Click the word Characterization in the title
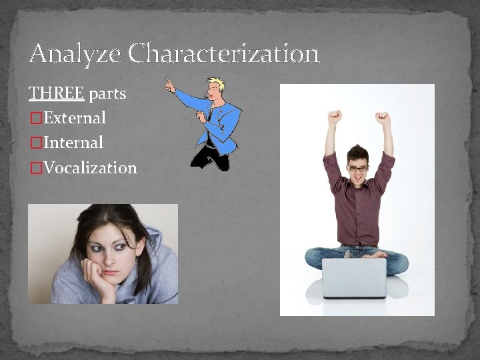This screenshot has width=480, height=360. pyautogui.click(x=224, y=53)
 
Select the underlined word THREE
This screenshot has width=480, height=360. pyautogui.click(x=56, y=93)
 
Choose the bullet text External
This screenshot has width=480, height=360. pyautogui.click(x=73, y=118)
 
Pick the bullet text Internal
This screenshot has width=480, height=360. pyautogui.click(x=71, y=143)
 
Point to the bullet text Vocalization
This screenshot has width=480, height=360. pyautogui.click(x=89, y=167)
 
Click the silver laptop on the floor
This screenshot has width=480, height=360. pyautogui.click(x=354, y=277)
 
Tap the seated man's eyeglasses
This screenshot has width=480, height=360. pyautogui.click(x=358, y=167)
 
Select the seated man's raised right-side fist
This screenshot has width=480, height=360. pyautogui.click(x=383, y=119)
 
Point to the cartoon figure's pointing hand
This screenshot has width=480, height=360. pyautogui.click(x=171, y=85)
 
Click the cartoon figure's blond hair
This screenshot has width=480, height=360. pyautogui.click(x=217, y=85)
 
